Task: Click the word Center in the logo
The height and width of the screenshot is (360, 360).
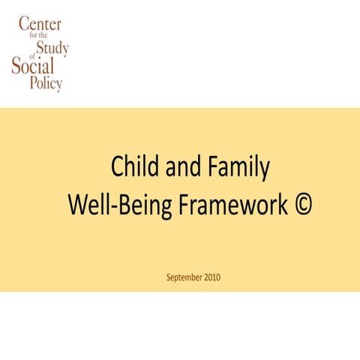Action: pos(40,24)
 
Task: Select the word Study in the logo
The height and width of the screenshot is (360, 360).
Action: pos(53,49)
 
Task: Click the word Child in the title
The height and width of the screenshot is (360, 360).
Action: pos(131,166)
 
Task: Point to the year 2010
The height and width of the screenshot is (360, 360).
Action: pos(211,277)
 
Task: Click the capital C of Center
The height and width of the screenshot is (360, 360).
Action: pos(25,24)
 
